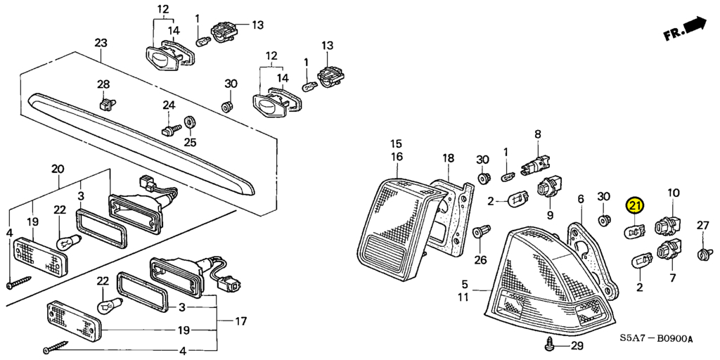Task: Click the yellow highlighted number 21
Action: point(636,207)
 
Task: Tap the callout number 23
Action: point(101,43)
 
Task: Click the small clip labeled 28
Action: point(107,104)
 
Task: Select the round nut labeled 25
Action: point(189,122)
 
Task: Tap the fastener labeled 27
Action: point(702,253)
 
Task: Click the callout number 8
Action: point(538,134)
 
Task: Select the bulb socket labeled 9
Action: point(548,189)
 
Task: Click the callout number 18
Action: point(448,158)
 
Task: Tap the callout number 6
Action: point(581,199)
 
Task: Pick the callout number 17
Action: point(241,321)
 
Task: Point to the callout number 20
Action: point(57,169)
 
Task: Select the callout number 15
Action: point(397,143)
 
